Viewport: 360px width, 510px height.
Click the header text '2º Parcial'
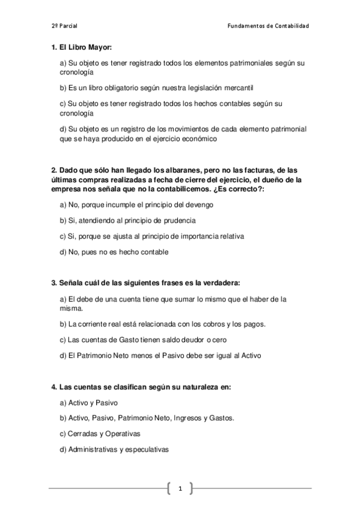pyautogui.click(x=64, y=26)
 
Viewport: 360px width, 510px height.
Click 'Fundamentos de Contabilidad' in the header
pyautogui.click(x=269, y=26)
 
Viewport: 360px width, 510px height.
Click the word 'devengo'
pyautogui.click(x=198, y=204)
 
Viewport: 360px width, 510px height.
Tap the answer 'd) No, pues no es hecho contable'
pyautogui.click(x=114, y=251)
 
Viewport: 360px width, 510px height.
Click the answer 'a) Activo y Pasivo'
pyautogui.click(x=88, y=402)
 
